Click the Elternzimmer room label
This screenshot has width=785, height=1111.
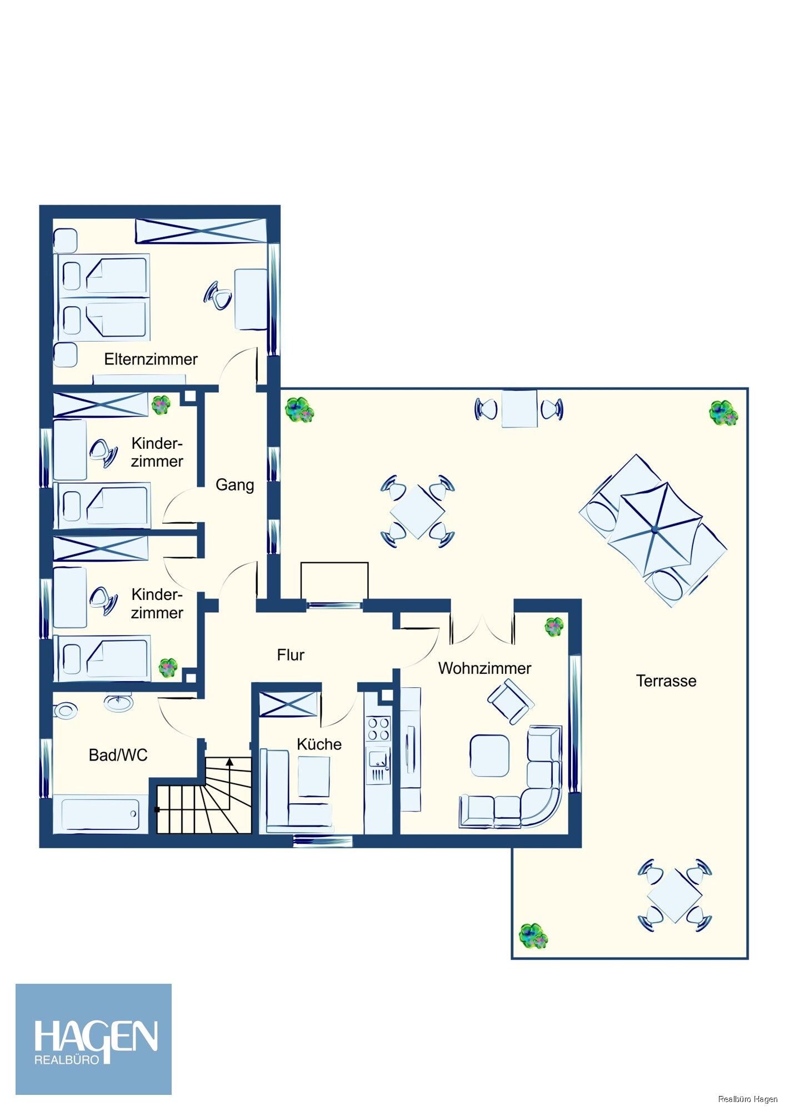click(151, 359)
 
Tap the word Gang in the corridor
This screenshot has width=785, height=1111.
click(234, 485)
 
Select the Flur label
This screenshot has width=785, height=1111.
click(291, 655)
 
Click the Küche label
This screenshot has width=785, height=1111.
click(319, 744)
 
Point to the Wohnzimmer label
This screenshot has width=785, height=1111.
click(484, 668)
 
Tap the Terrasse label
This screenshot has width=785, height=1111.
click(666, 681)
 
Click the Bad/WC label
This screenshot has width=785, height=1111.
click(118, 755)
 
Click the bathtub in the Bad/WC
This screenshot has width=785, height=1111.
click(101, 814)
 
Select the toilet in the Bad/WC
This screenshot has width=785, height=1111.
click(65, 709)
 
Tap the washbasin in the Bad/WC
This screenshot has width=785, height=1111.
click(118, 702)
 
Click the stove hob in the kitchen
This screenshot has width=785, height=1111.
click(378, 729)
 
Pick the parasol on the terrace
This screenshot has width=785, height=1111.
click(656, 529)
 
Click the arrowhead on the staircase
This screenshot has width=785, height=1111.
click(229, 762)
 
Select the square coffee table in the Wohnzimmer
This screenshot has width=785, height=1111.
click(489, 755)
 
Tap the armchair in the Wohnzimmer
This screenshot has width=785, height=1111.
click(511, 702)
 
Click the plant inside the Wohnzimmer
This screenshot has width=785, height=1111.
click(554, 627)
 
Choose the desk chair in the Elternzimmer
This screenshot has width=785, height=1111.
click(218, 296)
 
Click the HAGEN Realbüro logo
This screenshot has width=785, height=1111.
click(93, 1039)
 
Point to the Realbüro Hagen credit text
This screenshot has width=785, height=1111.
click(748, 1099)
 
